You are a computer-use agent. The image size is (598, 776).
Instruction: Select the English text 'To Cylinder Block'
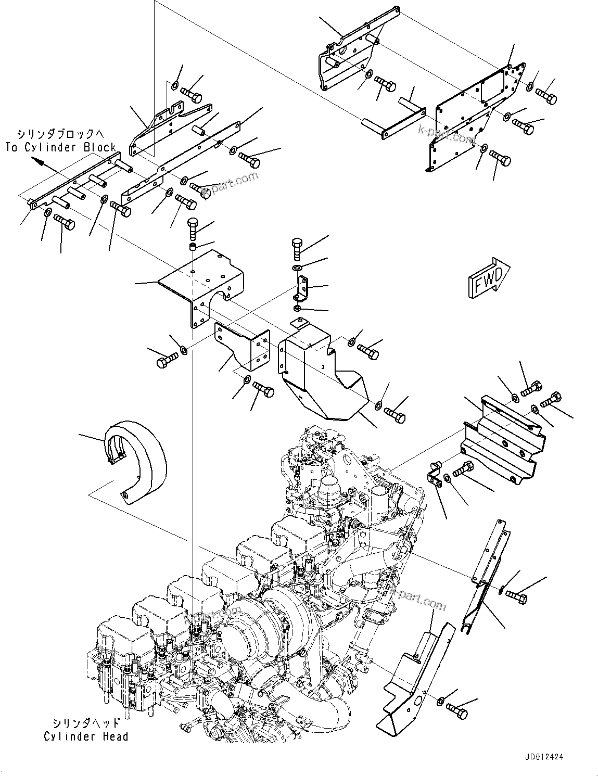61,147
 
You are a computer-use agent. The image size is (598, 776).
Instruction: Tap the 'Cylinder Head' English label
86,736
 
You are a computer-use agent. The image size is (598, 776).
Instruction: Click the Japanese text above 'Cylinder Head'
86,723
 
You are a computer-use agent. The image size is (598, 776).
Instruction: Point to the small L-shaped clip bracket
302,289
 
